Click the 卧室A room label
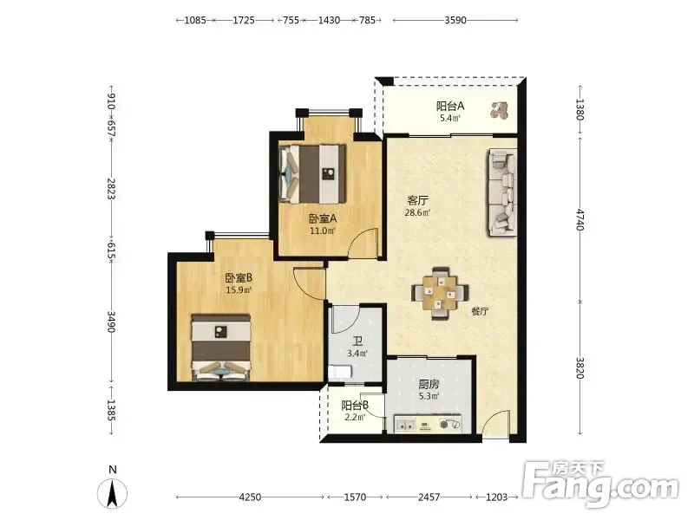click(x=323, y=218)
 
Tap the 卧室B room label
click(x=239, y=278)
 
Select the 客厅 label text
click(x=417, y=201)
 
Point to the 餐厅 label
click(x=481, y=311)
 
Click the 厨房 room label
click(x=429, y=385)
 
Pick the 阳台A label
click(x=450, y=107)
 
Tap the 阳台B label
click(x=355, y=406)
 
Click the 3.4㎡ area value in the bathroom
click(x=357, y=354)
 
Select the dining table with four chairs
click(x=440, y=293)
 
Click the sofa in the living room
click(x=503, y=192)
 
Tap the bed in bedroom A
click(x=312, y=172)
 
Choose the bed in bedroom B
click(x=221, y=348)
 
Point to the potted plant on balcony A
click(x=499, y=110)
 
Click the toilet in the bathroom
click(x=340, y=372)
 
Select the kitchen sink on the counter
click(x=405, y=425)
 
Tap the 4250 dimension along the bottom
click(x=250, y=497)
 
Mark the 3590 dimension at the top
click(x=455, y=20)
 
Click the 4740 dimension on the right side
click(x=580, y=220)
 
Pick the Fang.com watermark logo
click(x=600, y=485)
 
